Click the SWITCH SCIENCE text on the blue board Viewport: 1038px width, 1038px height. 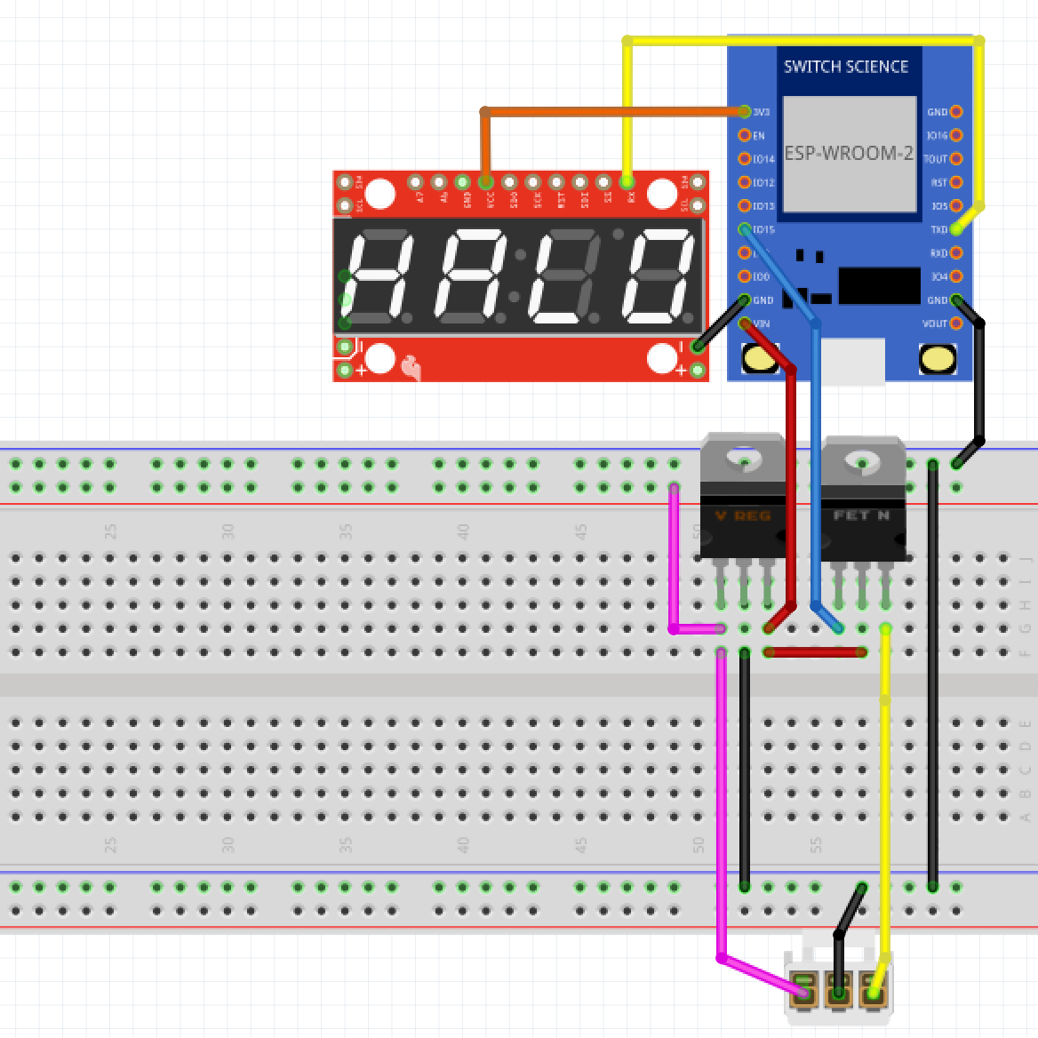point(845,67)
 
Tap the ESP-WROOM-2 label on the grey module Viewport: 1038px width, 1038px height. point(848,153)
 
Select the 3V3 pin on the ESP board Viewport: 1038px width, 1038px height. point(746,112)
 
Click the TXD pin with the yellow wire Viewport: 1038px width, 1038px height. point(956,229)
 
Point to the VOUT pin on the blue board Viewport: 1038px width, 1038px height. point(956,323)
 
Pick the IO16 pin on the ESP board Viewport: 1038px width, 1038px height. point(956,135)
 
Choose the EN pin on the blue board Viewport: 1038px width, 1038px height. point(746,135)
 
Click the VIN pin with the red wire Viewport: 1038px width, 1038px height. point(746,323)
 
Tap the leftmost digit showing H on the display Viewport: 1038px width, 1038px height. point(378,276)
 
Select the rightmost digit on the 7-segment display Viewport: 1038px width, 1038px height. point(659,276)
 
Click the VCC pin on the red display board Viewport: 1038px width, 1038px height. point(485,182)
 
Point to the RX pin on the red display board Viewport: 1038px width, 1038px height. point(627,182)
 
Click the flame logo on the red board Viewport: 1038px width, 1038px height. point(411,366)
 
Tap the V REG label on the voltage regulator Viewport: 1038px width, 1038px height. point(743,515)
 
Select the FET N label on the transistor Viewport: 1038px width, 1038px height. point(861,515)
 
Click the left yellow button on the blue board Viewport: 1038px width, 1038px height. point(761,359)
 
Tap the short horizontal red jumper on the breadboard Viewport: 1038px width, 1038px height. point(815,652)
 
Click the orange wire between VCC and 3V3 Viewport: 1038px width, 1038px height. point(613,112)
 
